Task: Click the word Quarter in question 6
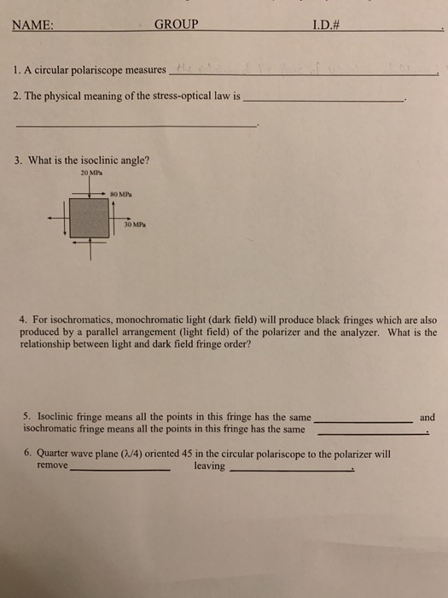(55, 454)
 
